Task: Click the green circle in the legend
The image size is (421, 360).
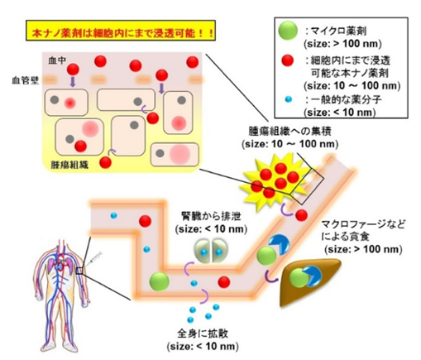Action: click(x=288, y=30)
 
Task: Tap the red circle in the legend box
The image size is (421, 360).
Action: click(x=286, y=60)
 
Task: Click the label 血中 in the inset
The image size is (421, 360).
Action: click(x=57, y=60)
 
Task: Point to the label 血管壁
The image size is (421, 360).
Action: click(x=26, y=80)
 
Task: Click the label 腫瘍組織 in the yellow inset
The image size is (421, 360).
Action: click(x=69, y=165)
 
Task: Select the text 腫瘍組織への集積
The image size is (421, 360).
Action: click(x=289, y=131)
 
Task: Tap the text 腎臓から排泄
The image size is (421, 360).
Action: click(x=211, y=216)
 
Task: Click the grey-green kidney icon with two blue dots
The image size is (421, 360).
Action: click(x=211, y=252)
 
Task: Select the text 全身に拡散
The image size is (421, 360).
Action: click(x=203, y=334)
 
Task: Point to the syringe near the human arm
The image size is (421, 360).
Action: click(x=94, y=259)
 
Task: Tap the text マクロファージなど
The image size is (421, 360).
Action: click(x=363, y=224)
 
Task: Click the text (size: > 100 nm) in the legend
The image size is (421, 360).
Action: click(x=342, y=44)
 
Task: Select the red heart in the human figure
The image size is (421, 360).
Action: click(x=61, y=259)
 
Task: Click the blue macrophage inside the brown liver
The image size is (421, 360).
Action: click(x=312, y=276)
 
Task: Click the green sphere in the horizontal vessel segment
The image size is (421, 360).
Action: click(x=159, y=281)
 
